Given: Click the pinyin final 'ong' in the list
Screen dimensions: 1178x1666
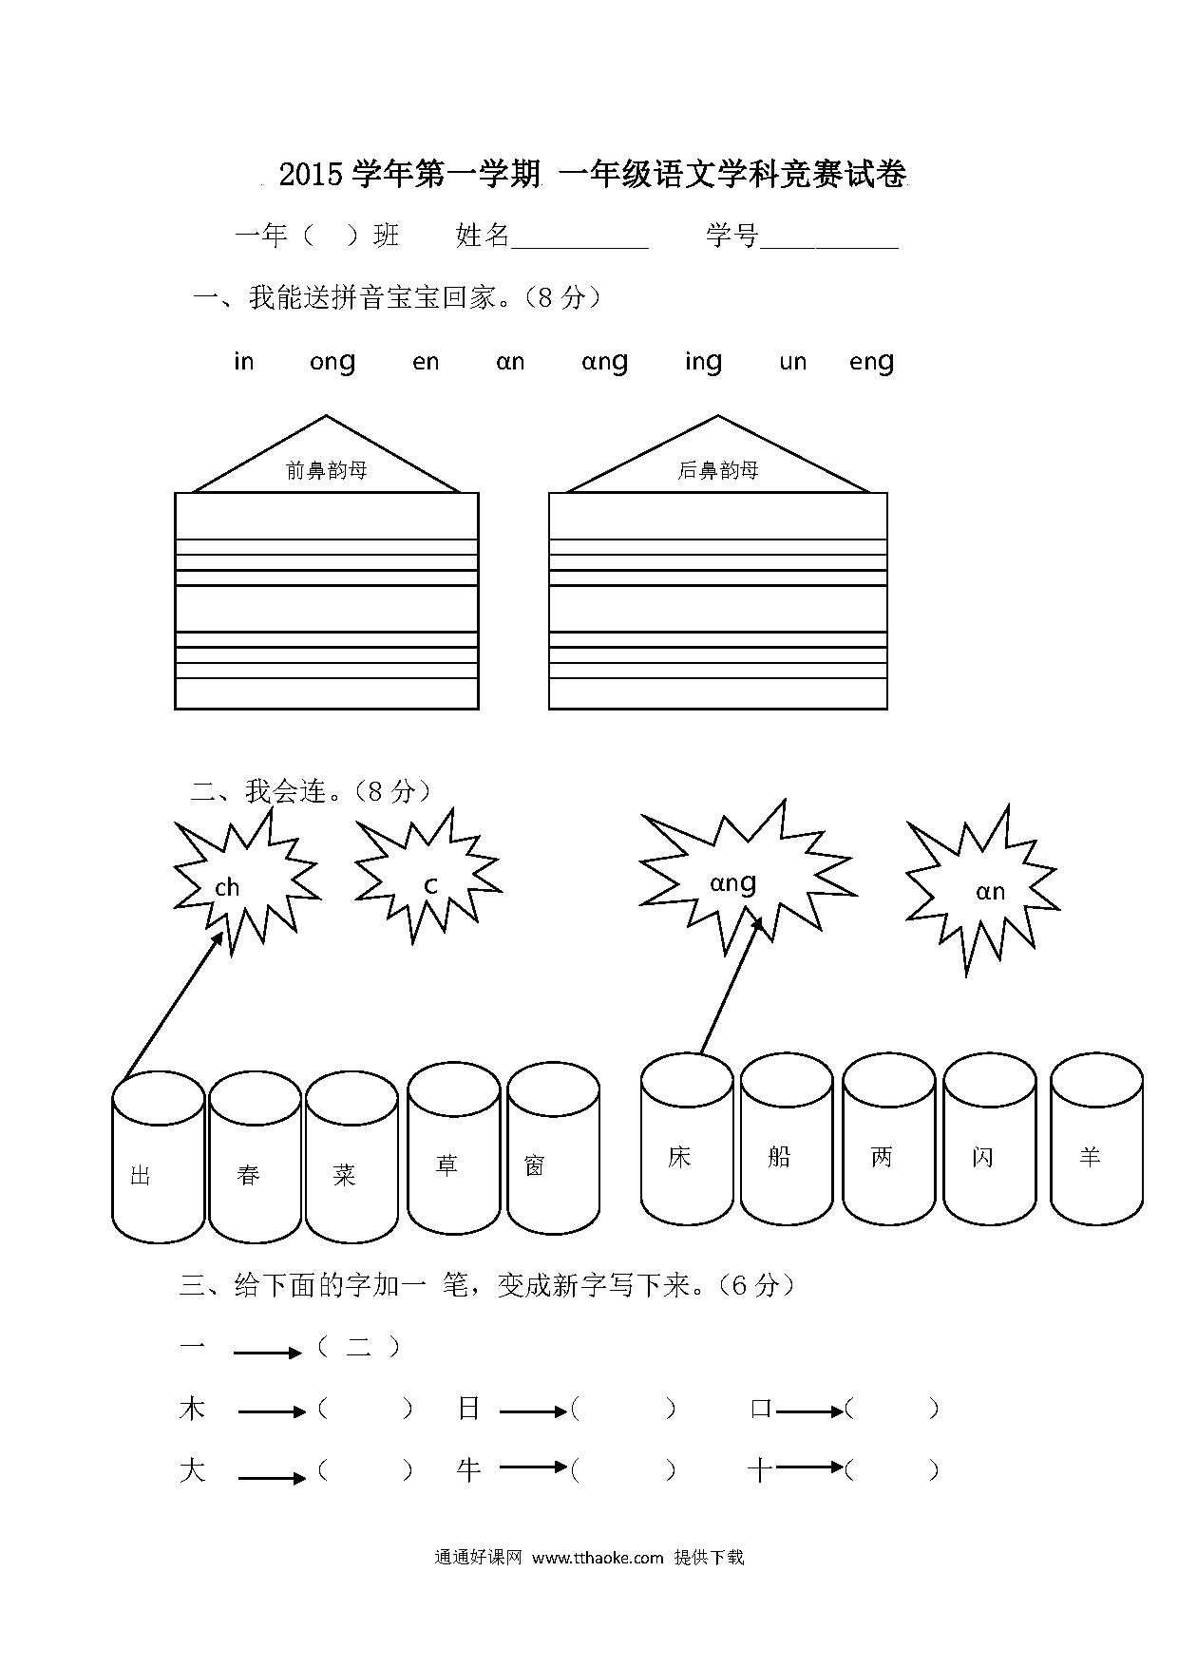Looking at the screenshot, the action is pyautogui.click(x=332, y=363).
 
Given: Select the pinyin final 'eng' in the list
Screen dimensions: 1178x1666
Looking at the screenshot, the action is pyautogui.click(x=871, y=363).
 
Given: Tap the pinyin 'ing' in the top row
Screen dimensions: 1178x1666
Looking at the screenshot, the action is pyautogui.click(x=703, y=362).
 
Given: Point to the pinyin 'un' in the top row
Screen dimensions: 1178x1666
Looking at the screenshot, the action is pyautogui.click(x=792, y=362).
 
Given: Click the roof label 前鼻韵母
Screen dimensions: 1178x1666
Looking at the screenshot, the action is pyautogui.click(x=326, y=470).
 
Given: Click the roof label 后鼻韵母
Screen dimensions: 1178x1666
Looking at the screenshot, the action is pyautogui.click(x=718, y=470).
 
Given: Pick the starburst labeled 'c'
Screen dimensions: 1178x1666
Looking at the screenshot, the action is pyautogui.click(x=427, y=879).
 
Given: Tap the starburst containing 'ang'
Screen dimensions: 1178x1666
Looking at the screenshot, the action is pyautogui.click(x=746, y=879).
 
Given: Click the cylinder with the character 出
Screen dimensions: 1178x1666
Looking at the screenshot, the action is pyautogui.click(x=159, y=1157).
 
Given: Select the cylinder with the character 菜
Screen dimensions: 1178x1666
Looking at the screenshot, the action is pyautogui.click(x=351, y=1157).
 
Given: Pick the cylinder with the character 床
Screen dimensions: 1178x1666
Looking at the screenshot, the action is pyautogui.click(x=688, y=1139).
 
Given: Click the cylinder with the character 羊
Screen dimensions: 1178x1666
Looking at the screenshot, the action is pyautogui.click(x=1096, y=1139).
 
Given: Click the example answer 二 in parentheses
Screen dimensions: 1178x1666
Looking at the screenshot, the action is pyautogui.click(x=358, y=1347).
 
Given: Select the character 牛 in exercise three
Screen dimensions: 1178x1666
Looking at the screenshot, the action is pyautogui.click(x=469, y=1470).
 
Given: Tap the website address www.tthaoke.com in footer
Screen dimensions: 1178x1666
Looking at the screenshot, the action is pyautogui.click(x=598, y=1558).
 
